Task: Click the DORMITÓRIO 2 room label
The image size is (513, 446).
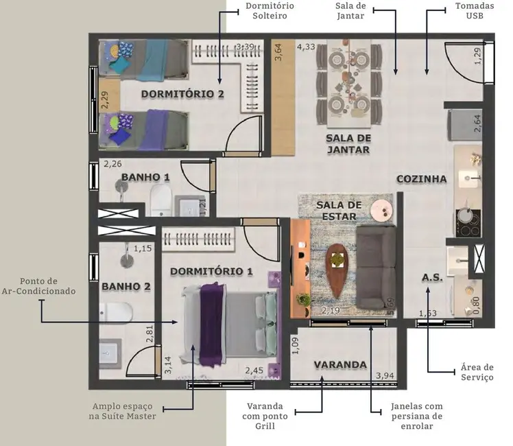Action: click(182, 94)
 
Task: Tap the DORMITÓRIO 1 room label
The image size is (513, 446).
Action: click(211, 271)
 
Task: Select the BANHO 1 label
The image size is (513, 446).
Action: click(145, 177)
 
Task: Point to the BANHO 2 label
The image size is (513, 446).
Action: click(126, 286)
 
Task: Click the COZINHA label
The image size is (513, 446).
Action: click(421, 179)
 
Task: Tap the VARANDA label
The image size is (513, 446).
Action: click(340, 364)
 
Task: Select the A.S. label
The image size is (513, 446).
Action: click(432, 278)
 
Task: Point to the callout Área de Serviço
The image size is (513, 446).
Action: click(477, 373)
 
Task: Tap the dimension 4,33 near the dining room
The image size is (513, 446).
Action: click(306, 47)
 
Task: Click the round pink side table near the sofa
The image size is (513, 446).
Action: click(380, 208)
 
